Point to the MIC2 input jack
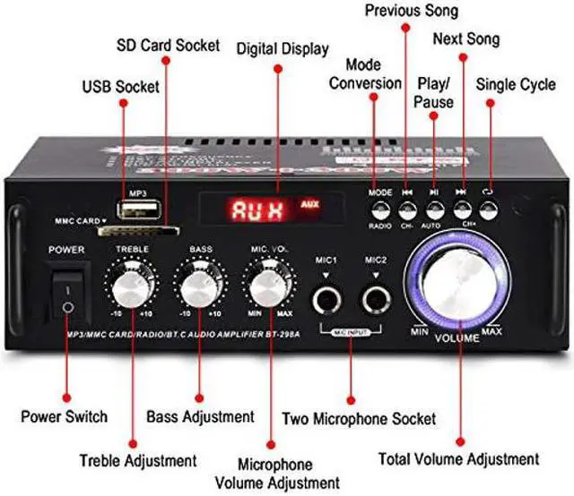tap(375, 298)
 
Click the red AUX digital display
tap(260, 211)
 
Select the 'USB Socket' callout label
tap(121, 87)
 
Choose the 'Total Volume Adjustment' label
tap(458, 459)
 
